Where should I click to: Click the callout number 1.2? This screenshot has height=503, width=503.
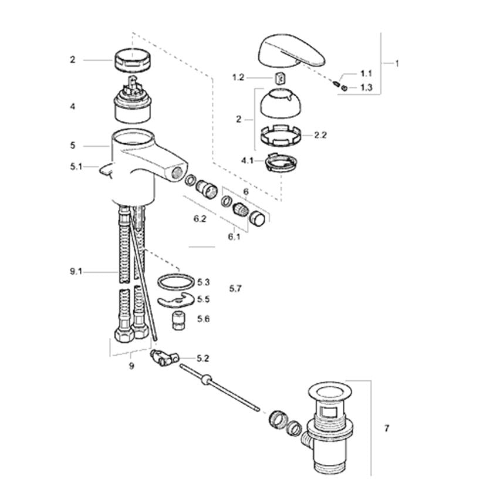point(238,77)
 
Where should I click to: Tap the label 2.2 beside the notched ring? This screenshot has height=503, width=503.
point(320,136)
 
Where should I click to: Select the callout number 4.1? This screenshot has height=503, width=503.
point(247,160)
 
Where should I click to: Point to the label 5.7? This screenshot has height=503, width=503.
point(235,289)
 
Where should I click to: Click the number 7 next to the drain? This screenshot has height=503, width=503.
point(387,428)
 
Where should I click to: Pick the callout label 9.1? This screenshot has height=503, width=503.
point(76,272)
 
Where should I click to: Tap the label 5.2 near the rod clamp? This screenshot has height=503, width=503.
point(202,358)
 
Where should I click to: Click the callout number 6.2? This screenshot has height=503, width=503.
point(200,219)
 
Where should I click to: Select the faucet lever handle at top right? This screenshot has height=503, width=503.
point(291,51)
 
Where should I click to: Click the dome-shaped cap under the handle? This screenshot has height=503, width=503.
point(280,104)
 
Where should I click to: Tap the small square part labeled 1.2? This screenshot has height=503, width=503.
point(280,77)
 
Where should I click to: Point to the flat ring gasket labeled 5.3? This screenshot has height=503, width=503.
point(176,282)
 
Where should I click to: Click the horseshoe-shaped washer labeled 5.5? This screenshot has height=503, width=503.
point(176,301)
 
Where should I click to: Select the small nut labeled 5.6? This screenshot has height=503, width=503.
point(177,320)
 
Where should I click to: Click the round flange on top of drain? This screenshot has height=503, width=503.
point(330,393)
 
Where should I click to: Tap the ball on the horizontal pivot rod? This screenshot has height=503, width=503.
point(206,380)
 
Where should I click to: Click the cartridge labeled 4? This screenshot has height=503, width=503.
point(133,100)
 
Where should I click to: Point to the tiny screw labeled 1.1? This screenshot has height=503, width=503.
point(336,84)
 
